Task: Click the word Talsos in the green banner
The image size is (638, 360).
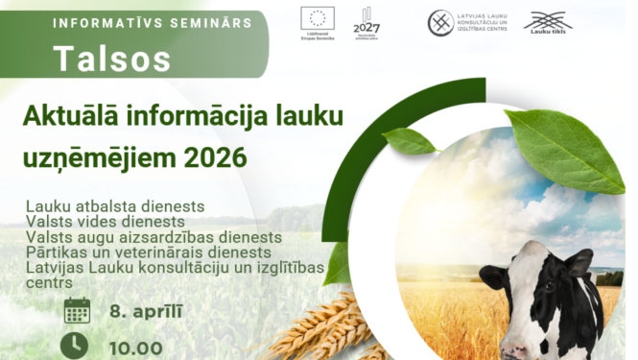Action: pos(113,60)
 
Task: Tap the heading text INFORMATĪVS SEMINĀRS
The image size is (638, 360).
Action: pos(153,21)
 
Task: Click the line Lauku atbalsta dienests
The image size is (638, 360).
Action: pos(115,206)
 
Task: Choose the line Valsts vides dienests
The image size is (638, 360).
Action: pos(106,222)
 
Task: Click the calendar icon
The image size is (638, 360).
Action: pos(77,311)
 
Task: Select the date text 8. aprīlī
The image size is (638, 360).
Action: pos(146,312)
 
